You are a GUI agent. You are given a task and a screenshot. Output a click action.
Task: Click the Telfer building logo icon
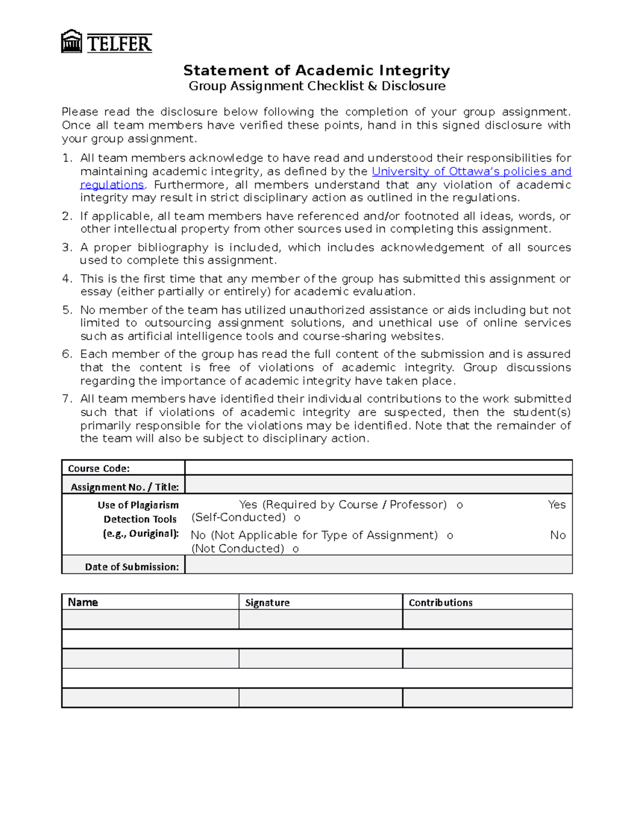click(x=71, y=42)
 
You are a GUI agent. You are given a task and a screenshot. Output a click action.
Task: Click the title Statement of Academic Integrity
click(x=316, y=70)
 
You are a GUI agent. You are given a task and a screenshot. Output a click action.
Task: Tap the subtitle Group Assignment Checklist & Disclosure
click(x=317, y=86)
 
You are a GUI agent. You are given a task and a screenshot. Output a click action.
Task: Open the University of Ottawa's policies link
click(x=471, y=172)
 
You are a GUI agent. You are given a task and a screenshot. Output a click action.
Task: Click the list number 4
click(x=66, y=279)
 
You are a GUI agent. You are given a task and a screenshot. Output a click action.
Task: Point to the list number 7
click(x=66, y=399)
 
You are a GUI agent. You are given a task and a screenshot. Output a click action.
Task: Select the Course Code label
click(x=99, y=468)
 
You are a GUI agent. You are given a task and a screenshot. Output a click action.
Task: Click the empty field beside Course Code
click(x=378, y=468)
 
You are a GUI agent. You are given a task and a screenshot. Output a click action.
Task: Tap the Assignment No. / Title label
click(x=125, y=487)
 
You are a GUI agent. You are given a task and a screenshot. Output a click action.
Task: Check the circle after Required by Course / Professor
click(x=460, y=505)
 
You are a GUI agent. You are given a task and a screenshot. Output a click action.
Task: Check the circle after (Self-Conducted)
click(x=297, y=518)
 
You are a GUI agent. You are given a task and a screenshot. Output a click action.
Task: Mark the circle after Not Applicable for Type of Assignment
click(x=450, y=536)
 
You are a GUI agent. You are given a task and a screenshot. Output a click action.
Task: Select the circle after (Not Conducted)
click(x=296, y=549)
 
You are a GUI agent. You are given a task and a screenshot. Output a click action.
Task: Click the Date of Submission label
click(x=132, y=567)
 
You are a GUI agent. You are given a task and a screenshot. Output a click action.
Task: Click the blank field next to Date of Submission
click(x=378, y=565)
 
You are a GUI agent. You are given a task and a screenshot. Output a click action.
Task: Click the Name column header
click(x=83, y=602)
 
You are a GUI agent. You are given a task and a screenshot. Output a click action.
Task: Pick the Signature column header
click(x=267, y=602)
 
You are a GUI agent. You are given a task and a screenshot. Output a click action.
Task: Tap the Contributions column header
click(x=440, y=602)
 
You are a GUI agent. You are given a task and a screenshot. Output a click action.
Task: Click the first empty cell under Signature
click(x=320, y=619)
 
